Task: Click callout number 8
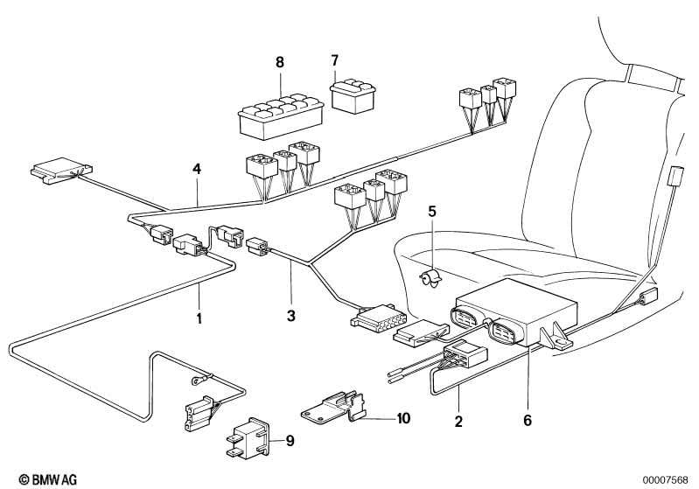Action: pos(280,62)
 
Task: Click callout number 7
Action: pos(333,60)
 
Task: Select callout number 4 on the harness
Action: pos(198,169)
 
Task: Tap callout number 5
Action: pos(430,211)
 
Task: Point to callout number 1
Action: pos(199,318)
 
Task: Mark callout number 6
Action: pos(527,420)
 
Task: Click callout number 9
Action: pos(290,439)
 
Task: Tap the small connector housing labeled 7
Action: pos(351,94)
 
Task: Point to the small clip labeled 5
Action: pos(430,278)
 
